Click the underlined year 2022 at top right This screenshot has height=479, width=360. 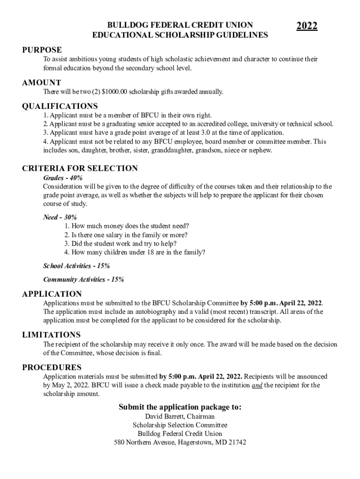[307, 26]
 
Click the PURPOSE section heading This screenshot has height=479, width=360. [42, 50]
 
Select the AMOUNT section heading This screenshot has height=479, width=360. [42, 83]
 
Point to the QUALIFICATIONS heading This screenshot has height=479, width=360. [60, 106]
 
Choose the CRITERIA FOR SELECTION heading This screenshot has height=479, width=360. [80, 168]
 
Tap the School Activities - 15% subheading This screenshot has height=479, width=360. [76, 266]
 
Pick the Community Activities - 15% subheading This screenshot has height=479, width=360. [83, 280]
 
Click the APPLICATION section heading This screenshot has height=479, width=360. [52, 294]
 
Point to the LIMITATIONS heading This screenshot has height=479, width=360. [51, 335]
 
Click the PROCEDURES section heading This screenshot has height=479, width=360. [52, 367]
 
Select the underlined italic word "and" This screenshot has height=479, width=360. [257, 385]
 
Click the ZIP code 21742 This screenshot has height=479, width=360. [237, 442]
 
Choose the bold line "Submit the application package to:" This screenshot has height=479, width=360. [180, 407]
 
